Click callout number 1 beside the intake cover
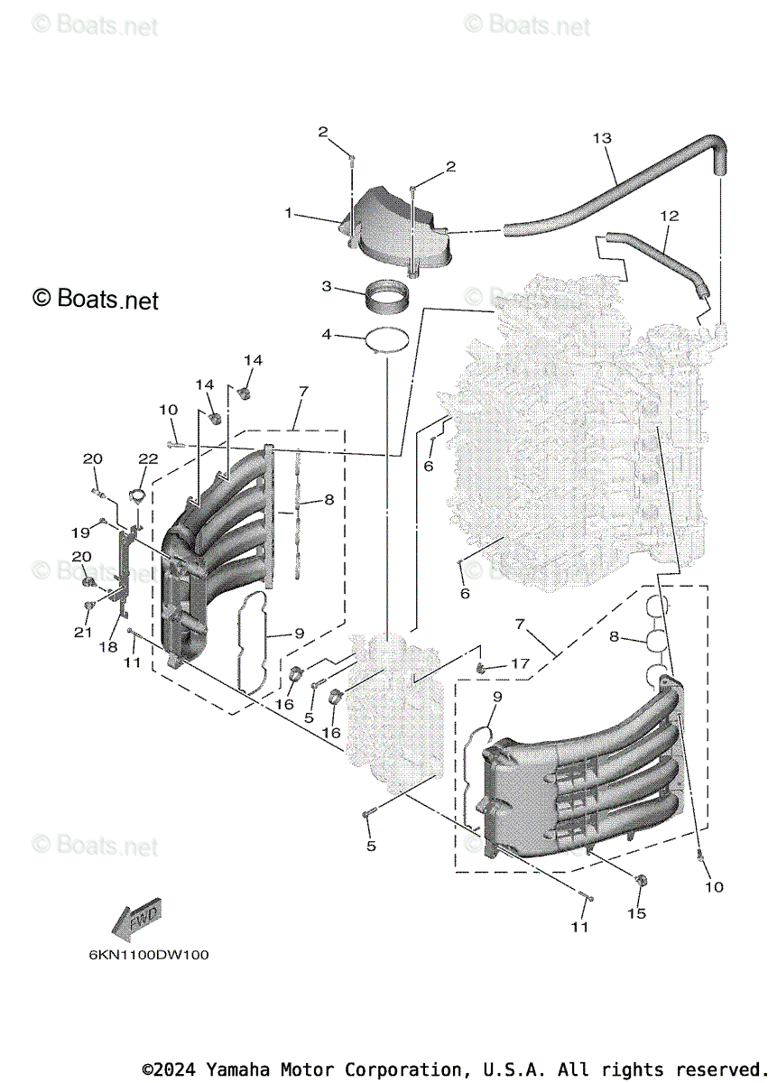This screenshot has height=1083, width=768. [x=288, y=213]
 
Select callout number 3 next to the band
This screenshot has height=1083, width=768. [x=327, y=287]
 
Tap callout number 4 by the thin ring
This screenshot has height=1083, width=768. [x=327, y=336]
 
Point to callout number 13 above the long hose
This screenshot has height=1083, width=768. [x=602, y=138]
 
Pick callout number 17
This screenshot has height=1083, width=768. [x=519, y=663]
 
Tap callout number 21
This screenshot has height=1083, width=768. [x=83, y=633]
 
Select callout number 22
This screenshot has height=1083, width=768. [x=148, y=458]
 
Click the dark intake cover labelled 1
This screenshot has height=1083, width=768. [x=397, y=226]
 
